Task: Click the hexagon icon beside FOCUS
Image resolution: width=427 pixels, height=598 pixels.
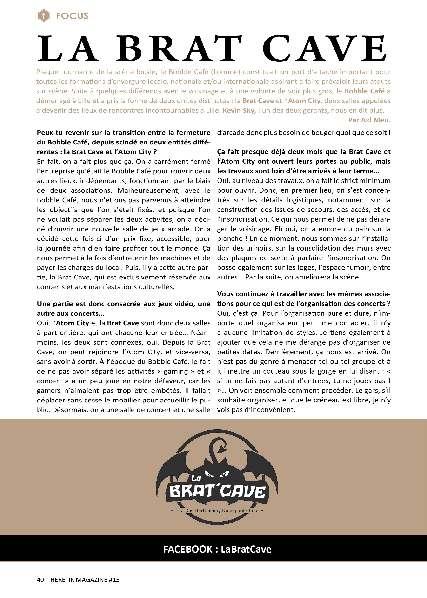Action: pos(44,15)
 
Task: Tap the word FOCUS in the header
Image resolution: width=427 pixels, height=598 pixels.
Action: pos(72,16)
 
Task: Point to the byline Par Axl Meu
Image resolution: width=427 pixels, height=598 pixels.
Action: pos(369,120)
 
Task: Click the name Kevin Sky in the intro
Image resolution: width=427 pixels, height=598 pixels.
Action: pos(238,110)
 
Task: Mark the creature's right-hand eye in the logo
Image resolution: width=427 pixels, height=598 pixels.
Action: pos(224,474)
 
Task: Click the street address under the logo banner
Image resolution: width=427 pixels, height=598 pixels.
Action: pos(217,510)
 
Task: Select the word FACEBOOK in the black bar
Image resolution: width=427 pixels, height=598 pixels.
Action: pos(187,549)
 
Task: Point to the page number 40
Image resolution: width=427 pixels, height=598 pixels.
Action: pos(40,580)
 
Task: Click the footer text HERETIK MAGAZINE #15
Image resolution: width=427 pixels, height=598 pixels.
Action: pos(85,580)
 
